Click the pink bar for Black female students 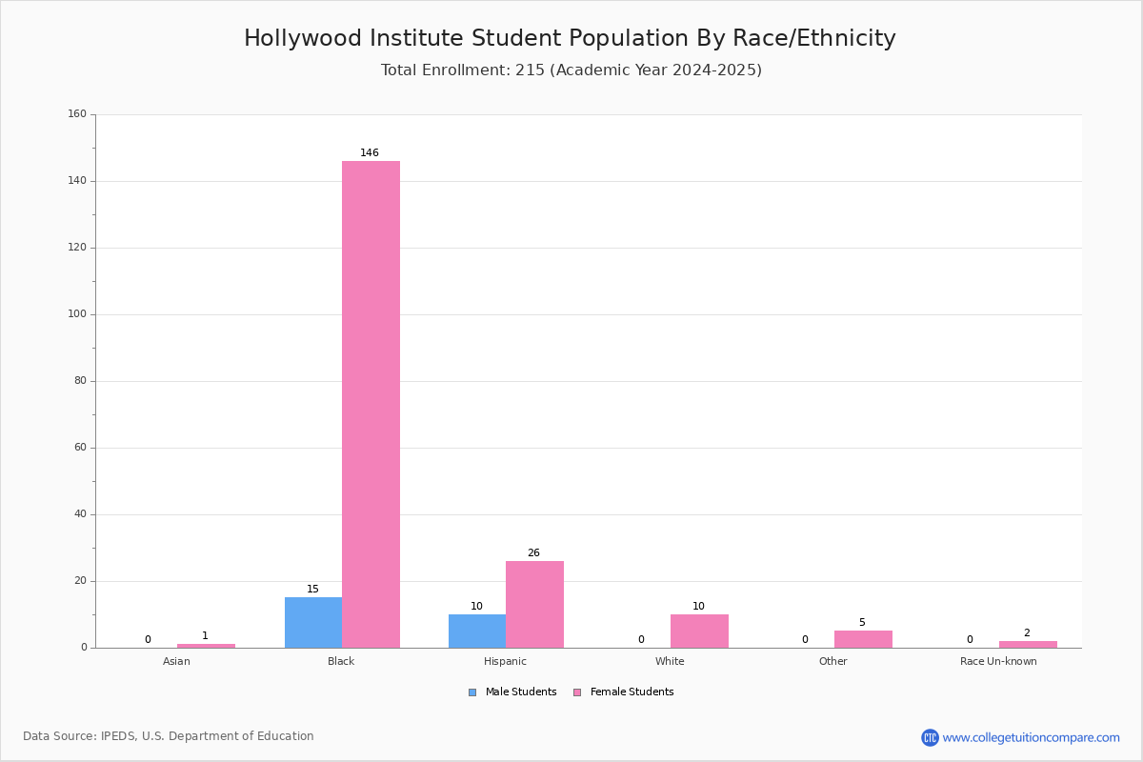coord(371,404)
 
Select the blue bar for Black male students coord(313,623)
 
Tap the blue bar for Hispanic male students coord(477,632)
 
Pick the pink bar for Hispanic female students coord(534,605)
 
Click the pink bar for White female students coord(699,632)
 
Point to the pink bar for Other coord(863,639)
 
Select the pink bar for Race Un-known coord(1028,645)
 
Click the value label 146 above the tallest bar coord(370,152)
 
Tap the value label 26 coord(533,552)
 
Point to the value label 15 coord(312,589)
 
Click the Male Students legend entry coord(512,692)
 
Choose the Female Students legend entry coord(624,692)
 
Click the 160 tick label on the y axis coord(77,113)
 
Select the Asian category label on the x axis coord(176,661)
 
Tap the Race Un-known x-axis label coord(998,661)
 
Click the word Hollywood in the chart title coord(303,38)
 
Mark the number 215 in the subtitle coord(531,70)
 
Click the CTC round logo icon coord(930,737)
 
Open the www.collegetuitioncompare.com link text coord(1032,738)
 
